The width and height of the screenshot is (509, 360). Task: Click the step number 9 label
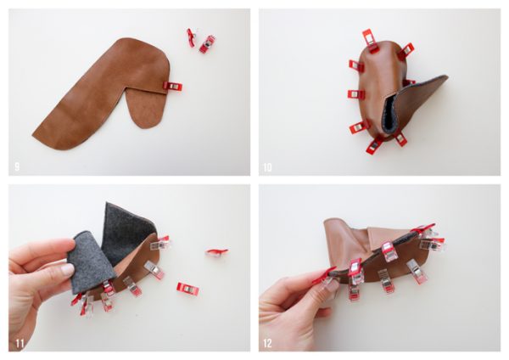click(17, 167)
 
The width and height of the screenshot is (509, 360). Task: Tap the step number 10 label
click(267, 167)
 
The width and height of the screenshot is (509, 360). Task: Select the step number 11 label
click(20, 343)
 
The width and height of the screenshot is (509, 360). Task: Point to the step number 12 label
click(267, 343)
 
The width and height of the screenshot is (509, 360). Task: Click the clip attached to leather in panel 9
click(172, 87)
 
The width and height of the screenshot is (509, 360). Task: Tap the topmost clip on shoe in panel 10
click(369, 41)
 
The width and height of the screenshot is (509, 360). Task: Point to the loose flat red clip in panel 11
click(187, 289)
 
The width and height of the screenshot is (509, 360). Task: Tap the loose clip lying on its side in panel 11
click(216, 252)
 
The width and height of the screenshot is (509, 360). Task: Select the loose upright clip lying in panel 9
click(208, 43)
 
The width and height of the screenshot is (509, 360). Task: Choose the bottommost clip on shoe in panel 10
click(374, 145)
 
